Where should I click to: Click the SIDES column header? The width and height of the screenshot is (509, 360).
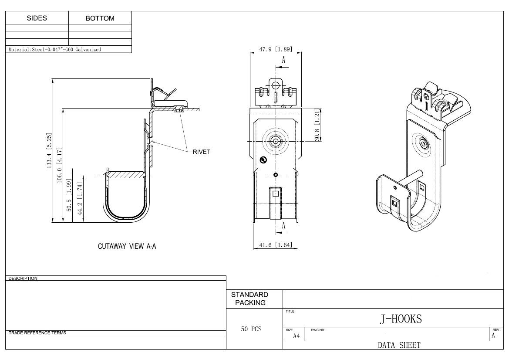[x=37, y=18]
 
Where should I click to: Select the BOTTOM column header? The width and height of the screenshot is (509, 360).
[x=100, y=18]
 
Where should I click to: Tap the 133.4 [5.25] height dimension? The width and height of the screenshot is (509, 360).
[x=49, y=150]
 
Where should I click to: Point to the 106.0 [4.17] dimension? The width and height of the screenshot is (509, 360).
[x=60, y=165]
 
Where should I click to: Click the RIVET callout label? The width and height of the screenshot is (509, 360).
[x=202, y=152]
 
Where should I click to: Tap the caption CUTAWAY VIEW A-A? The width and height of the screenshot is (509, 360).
[x=127, y=246]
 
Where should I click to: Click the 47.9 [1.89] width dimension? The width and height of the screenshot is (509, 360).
[x=276, y=49]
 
